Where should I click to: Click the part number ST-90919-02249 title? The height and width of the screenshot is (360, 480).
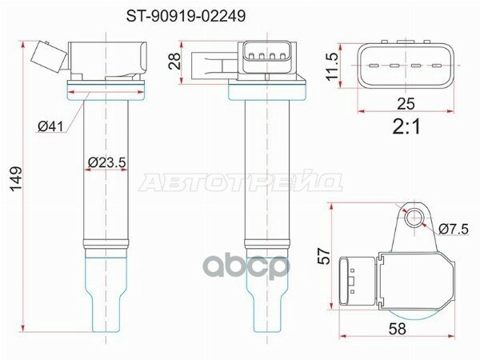(186, 16)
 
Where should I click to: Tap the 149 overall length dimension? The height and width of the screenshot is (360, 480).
(16, 178)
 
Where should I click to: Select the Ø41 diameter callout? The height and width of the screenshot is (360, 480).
(52, 126)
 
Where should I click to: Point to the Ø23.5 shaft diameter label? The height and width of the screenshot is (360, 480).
(107, 162)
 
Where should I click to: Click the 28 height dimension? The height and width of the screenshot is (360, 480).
(174, 62)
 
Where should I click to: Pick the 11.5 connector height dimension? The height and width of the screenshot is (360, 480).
(332, 66)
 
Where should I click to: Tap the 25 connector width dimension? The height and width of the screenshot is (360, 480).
(406, 104)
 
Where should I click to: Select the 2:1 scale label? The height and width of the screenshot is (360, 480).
(406, 126)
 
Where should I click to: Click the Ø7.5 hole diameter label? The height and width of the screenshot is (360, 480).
(454, 229)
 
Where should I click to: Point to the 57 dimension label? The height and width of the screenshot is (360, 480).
(324, 256)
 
